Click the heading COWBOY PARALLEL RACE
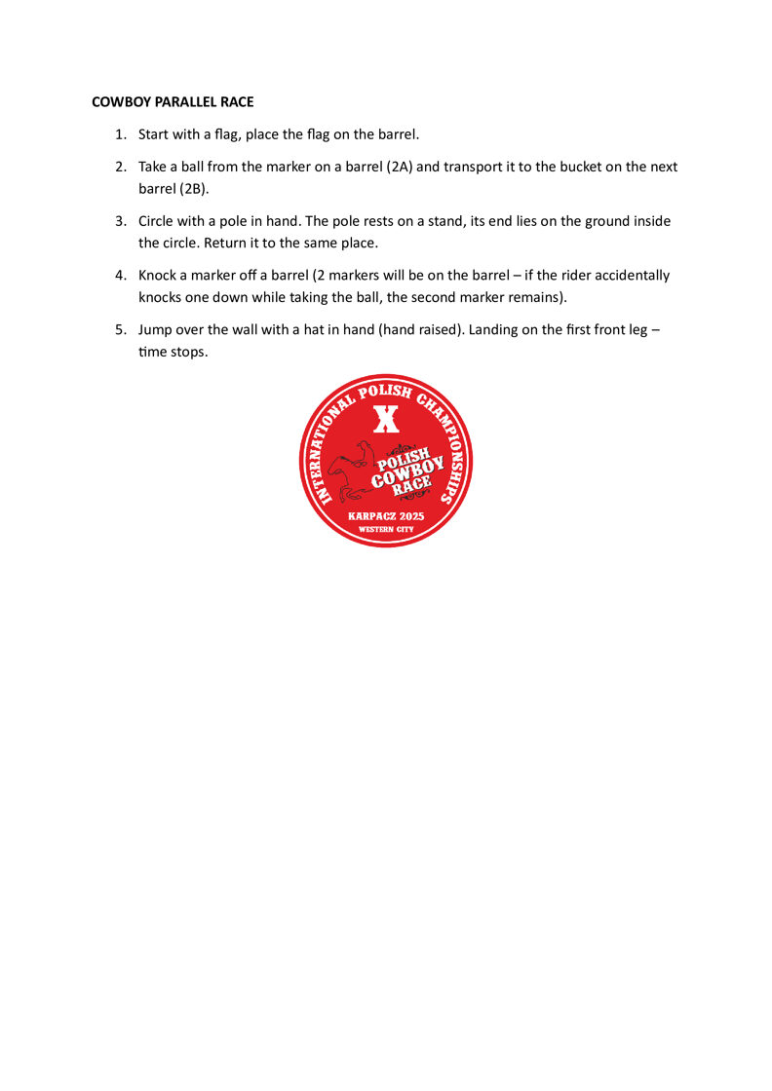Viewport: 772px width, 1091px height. tap(173, 101)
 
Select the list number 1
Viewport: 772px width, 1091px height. tap(121, 133)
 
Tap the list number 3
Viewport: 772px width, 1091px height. tap(121, 221)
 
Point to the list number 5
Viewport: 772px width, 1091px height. tap(121, 330)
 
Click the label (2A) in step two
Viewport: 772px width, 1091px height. tap(400, 167)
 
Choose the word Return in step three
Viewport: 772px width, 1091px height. tap(226, 243)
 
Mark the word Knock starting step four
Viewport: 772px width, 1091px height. tap(158, 276)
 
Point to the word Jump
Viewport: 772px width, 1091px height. tap(156, 330)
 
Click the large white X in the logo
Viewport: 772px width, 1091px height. tap(387, 419)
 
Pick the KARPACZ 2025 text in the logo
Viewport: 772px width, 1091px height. tap(386, 514)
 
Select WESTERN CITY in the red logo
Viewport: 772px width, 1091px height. tap(386, 529)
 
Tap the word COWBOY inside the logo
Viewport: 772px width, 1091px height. tap(407, 472)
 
